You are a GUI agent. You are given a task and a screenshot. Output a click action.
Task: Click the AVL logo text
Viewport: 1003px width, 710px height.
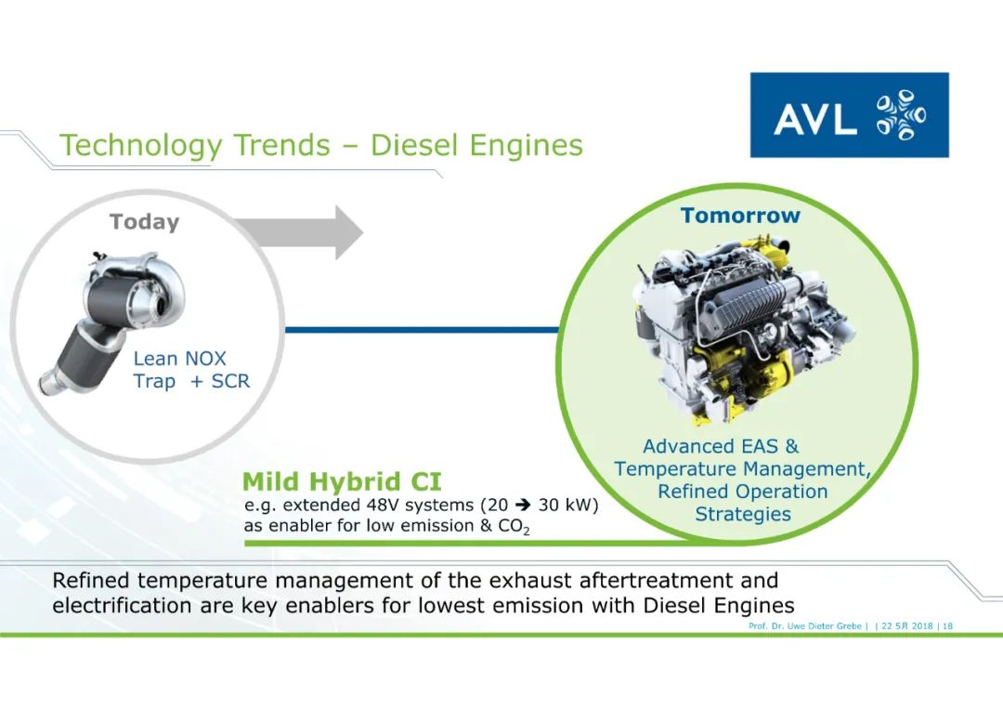click(x=814, y=118)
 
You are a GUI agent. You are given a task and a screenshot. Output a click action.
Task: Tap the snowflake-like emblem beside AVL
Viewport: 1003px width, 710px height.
click(x=901, y=115)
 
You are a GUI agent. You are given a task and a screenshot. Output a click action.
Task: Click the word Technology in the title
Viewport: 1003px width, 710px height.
click(x=141, y=146)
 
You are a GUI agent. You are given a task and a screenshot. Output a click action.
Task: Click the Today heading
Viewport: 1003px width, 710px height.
click(x=145, y=222)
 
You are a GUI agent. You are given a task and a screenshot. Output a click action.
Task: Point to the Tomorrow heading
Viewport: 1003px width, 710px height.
click(x=740, y=215)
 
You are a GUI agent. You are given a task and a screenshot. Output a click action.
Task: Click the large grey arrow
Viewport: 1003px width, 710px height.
click(x=298, y=232)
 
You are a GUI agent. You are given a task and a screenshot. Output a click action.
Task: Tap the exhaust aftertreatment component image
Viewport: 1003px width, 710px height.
click(x=112, y=320)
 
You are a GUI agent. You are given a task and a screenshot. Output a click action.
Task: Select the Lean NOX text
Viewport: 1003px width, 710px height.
click(x=179, y=359)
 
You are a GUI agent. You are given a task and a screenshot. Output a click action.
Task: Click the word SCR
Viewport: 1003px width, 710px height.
click(x=230, y=381)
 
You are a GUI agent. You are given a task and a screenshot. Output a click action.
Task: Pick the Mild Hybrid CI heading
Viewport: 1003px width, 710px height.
click(x=342, y=481)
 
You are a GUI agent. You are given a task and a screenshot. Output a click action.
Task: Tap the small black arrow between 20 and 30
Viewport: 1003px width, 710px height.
click(x=523, y=506)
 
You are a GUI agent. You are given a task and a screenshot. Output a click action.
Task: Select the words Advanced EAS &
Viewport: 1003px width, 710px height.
click(x=721, y=446)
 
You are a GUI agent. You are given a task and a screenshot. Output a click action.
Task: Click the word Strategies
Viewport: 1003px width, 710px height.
click(x=743, y=514)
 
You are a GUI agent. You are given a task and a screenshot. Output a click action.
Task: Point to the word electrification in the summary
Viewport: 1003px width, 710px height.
click(x=122, y=606)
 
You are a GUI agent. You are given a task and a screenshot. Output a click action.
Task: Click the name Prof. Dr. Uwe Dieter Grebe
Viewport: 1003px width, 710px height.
click(x=805, y=626)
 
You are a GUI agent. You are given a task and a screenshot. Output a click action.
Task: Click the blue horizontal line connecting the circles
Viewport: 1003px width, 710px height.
click(x=422, y=330)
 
